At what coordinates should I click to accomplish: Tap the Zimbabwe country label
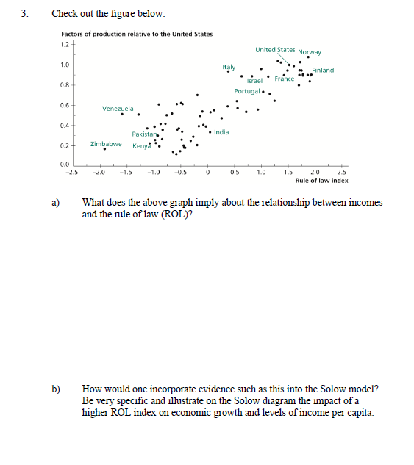point(106,144)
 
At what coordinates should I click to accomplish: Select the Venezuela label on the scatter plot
point(118,109)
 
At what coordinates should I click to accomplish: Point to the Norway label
point(310,52)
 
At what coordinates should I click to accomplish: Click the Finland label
point(323,70)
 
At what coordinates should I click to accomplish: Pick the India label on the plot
point(221,132)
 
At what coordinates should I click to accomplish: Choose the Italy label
point(229,67)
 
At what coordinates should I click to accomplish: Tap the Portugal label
point(247,91)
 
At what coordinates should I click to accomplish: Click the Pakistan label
point(145,134)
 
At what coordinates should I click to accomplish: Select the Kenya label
point(142,145)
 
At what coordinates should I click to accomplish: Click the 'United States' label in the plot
point(275,50)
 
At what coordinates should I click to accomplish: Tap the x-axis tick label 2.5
point(341,172)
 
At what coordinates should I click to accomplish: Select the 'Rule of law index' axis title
point(321,180)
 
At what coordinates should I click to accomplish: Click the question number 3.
point(27,14)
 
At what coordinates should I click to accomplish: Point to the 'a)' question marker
point(55,202)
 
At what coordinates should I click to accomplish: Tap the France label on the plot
point(285,79)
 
